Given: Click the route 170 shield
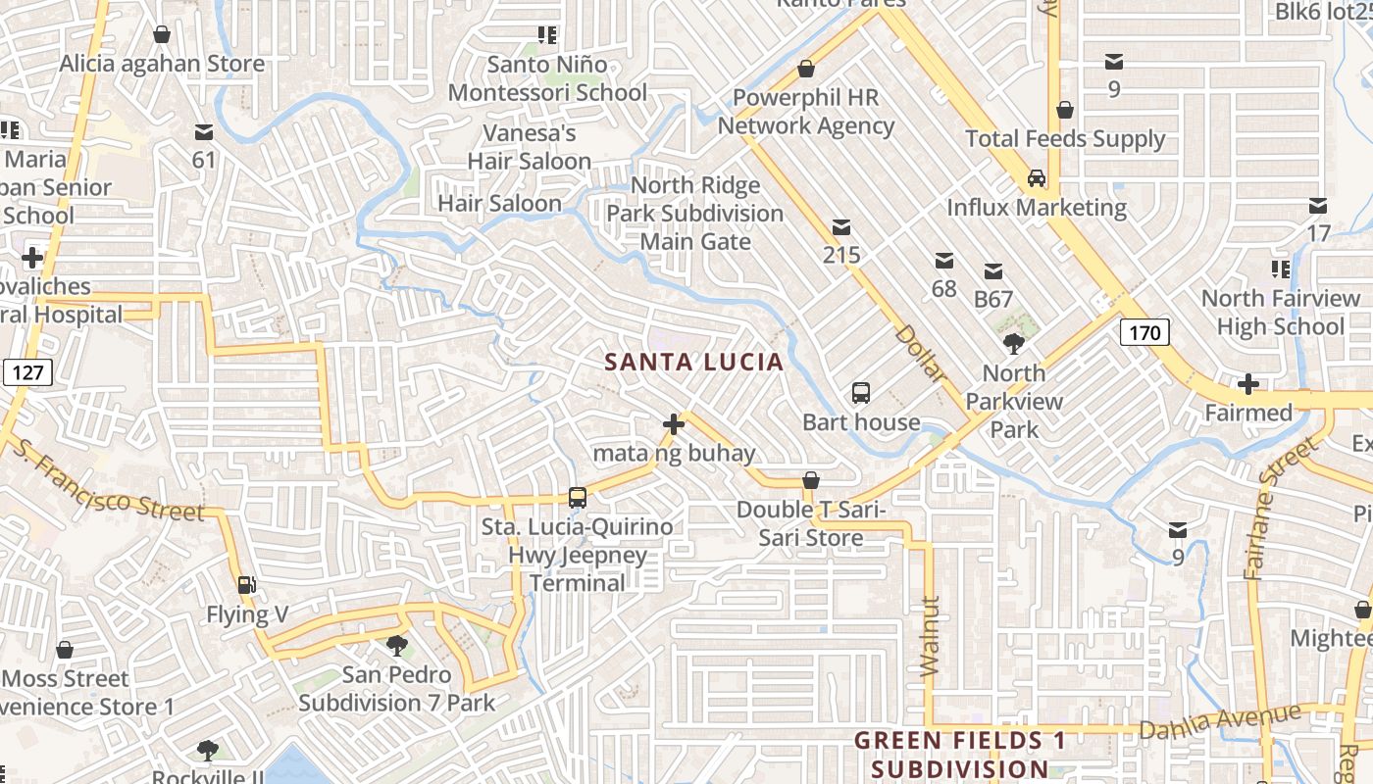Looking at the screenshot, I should pyautogui.click(x=1144, y=333).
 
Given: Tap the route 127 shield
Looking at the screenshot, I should pyautogui.click(x=25, y=372).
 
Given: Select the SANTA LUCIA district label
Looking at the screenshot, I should pyautogui.click(x=693, y=362).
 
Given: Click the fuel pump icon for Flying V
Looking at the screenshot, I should pyautogui.click(x=247, y=585).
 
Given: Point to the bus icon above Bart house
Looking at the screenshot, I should pyautogui.click(x=860, y=393).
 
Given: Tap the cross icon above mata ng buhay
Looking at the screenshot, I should pyautogui.click(x=674, y=424).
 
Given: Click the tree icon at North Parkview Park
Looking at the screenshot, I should pyautogui.click(x=1013, y=343).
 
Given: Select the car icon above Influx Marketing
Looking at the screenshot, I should pyautogui.click(x=1036, y=178).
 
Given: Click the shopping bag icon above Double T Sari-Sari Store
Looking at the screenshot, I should pyautogui.click(x=811, y=480).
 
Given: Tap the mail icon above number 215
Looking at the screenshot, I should pyautogui.click(x=840, y=227).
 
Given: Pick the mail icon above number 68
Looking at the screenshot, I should pyautogui.click(x=943, y=261).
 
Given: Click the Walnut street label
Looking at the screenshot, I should pyautogui.click(x=930, y=636).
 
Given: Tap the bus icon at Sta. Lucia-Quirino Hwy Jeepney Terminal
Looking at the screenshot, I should pyautogui.click(x=578, y=498).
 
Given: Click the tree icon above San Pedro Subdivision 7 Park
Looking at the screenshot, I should pyautogui.click(x=396, y=645).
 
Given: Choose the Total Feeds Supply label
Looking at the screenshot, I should pyautogui.click(x=1065, y=139).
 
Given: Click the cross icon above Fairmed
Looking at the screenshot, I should pyautogui.click(x=1247, y=383).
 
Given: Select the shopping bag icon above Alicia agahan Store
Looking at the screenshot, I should pyautogui.click(x=162, y=35).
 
